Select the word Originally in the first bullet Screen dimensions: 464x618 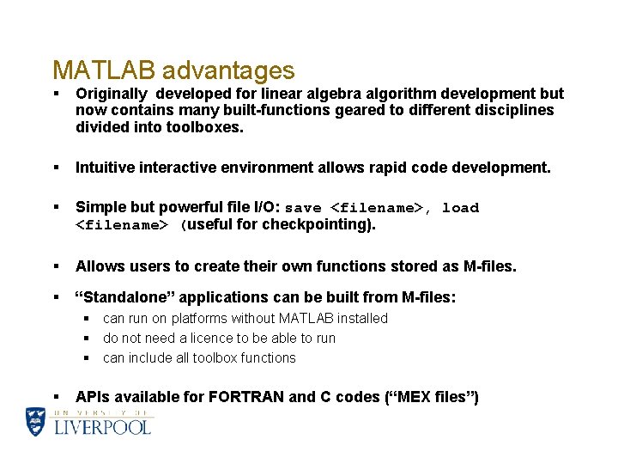[110, 94]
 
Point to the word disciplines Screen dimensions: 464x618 [512, 110]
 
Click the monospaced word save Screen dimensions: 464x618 [303, 208]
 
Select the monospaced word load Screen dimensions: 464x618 [460, 208]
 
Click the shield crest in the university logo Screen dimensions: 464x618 [36, 421]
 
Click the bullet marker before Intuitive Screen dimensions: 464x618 [55, 168]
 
